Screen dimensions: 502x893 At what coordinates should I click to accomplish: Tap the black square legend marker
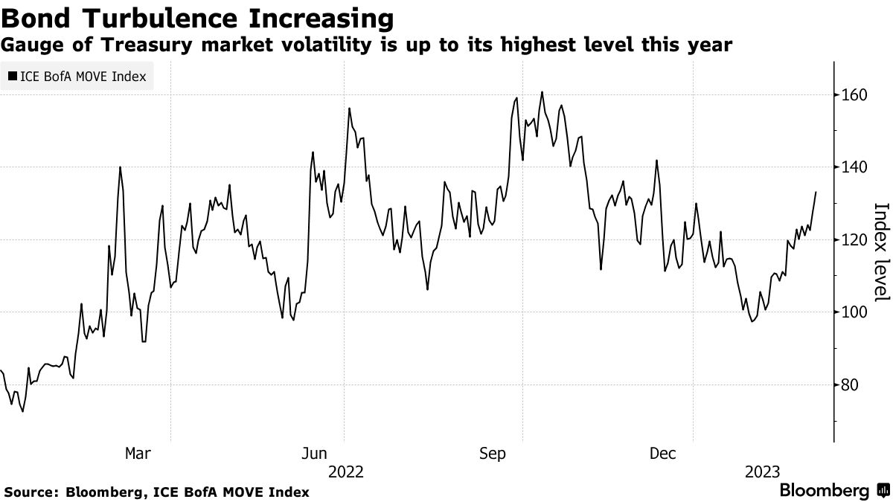[13, 76]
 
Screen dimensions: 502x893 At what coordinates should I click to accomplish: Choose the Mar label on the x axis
[138, 453]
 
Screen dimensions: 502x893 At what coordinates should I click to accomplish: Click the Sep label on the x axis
[493, 453]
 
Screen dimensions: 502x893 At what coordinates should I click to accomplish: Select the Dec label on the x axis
[664, 453]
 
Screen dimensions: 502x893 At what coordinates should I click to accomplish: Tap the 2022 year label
[346, 472]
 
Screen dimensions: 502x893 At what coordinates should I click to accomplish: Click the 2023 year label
[762, 472]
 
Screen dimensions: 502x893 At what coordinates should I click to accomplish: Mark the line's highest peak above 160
[542, 92]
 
